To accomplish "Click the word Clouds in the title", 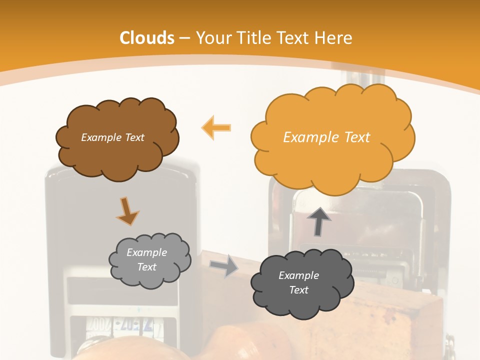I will (x=147, y=38).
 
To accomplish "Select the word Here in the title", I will (x=333, y=38).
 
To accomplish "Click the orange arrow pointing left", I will (x=216, y=128).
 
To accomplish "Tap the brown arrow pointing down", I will (x=127, y=211).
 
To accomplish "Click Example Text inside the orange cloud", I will (x=326, y=137).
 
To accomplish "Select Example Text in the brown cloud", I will (x=112, y=137).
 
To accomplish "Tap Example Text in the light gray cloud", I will (x=146, y=259).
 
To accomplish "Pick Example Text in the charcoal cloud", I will (x=298, y=282).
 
